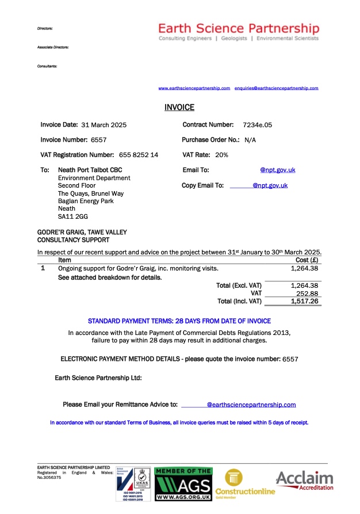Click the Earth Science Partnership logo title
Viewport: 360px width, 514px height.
tap(239, 28)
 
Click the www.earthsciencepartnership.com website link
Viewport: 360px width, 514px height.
tap(194, 88)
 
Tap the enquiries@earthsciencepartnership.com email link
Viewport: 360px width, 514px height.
tap(276, 88)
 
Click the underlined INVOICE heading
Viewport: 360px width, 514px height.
tap(179, 108)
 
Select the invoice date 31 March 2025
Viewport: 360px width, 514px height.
tap(104, 125)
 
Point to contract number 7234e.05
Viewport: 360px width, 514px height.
tap(258, 125)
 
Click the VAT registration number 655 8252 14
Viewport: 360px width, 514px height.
tap(139, 155)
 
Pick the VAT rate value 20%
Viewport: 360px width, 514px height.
tap(221, 155)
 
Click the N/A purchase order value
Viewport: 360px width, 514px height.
tap(250, 140)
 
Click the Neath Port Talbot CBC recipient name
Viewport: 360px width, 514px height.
tap(90, 170)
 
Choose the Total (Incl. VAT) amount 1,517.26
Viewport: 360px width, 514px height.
tap(305, 301)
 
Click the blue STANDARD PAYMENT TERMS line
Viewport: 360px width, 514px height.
tap(179, 321)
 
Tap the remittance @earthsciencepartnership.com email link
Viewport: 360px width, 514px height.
tap(251, 405)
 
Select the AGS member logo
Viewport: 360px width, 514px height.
tap(183, 483)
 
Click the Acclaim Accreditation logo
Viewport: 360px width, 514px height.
tap(305, 481)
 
